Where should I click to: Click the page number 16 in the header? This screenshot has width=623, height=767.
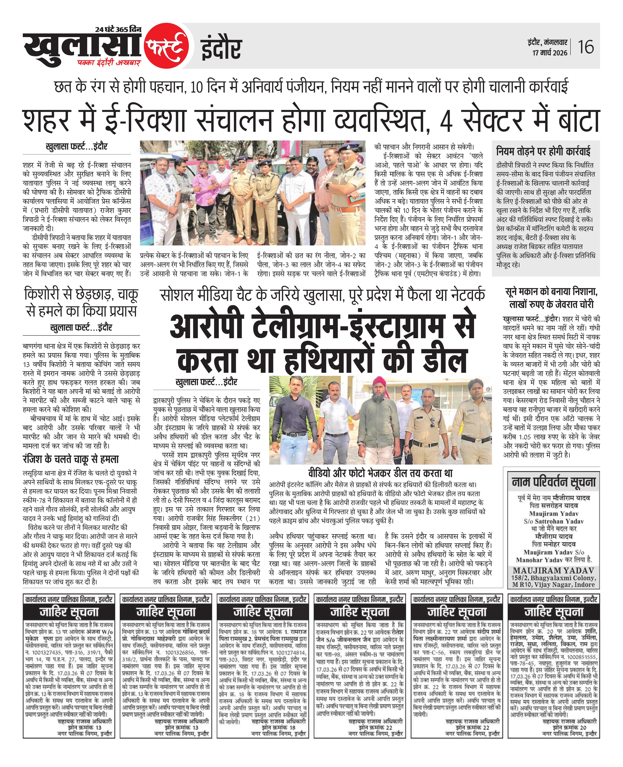pyautogui.click(x=586, y=47)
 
